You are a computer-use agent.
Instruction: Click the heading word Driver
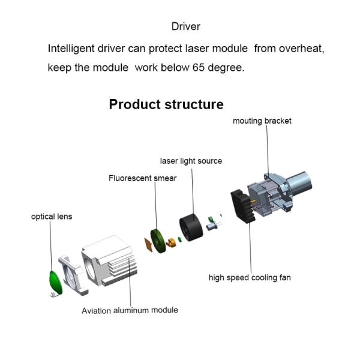pos(185,26)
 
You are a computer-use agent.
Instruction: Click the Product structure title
pos(166,104)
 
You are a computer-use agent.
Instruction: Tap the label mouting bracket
pos(262,121)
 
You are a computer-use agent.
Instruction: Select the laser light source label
pos(191,161)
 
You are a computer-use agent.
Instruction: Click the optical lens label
pos(52,216)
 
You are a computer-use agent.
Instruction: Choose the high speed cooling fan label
pos(250,278)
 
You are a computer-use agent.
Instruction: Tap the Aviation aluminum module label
pos(130,310)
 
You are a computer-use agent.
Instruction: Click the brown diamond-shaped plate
pos(147,245)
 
